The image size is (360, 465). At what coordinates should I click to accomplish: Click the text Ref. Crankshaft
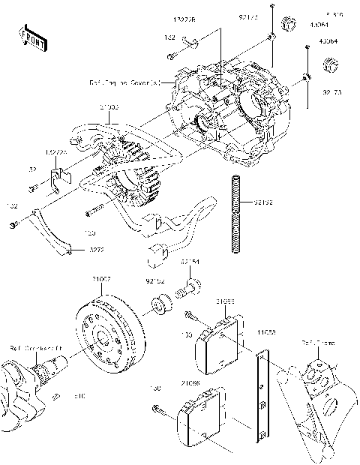(x=36, y=347)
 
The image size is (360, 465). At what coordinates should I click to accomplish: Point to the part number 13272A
(x=56, y=152)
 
